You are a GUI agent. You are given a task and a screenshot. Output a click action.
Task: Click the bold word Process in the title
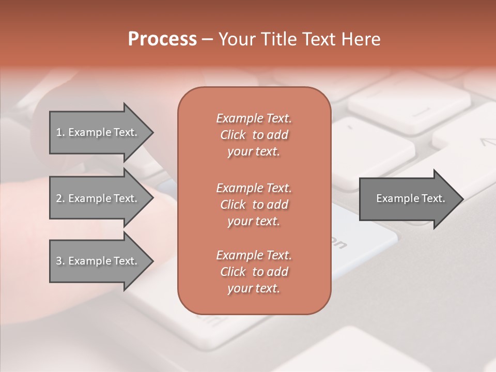pyautogui.click(x=162, y=39)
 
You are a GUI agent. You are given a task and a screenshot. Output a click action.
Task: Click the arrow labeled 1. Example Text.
pyautogui.click(x=98, y=132)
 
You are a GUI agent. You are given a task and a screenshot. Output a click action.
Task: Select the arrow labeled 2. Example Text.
pyautogui.click(x=98, y=198)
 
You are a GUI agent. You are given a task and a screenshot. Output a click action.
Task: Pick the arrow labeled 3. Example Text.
pyautogui.click(x=98, y=261)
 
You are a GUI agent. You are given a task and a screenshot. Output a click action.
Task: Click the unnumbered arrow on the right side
pyautogui.click(x=408, y=198)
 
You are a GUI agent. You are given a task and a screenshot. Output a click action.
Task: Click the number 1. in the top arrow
pyautogui.click(x=60, y=132)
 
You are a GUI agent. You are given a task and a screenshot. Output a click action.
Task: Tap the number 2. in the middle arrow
pyautogui.click(x=60, y=198)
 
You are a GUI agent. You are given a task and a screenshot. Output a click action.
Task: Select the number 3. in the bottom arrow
pyautogui.click(x=60, y=261)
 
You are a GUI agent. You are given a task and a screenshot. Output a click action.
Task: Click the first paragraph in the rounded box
pyautogui.click(x=254, y=135)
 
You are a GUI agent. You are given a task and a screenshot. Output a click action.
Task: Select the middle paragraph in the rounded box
pyautogui.click(x=254, y=205)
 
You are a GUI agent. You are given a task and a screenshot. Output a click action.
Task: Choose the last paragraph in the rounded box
pyautogui.click(x=254, y=272)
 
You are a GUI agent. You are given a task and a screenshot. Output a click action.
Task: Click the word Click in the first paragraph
pyautogui.click(x=233, y=135)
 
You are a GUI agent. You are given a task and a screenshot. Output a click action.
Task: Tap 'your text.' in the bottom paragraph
pyautogui.click(x=254, y=288)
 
